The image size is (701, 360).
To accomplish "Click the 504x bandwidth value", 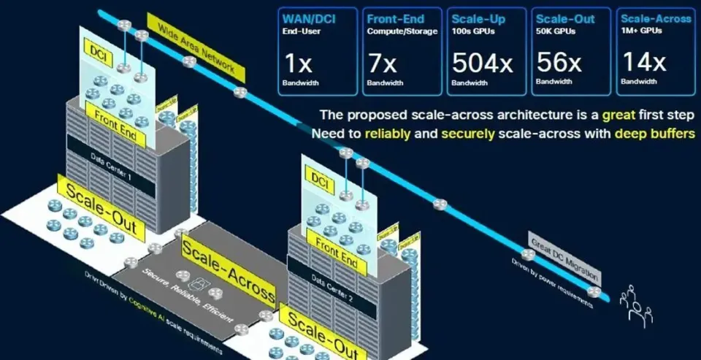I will (482, 63).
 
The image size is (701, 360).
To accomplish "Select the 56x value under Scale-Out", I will (558, 63).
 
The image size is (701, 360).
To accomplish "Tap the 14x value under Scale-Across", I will (643, 62).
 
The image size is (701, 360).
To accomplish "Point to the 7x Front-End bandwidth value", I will (382, 63).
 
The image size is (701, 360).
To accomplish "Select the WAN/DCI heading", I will (307, 18).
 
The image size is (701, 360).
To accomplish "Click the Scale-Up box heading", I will (478, 18).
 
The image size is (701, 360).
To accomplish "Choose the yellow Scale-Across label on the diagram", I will (229, 271).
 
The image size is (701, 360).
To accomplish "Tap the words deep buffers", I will (652, 134).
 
